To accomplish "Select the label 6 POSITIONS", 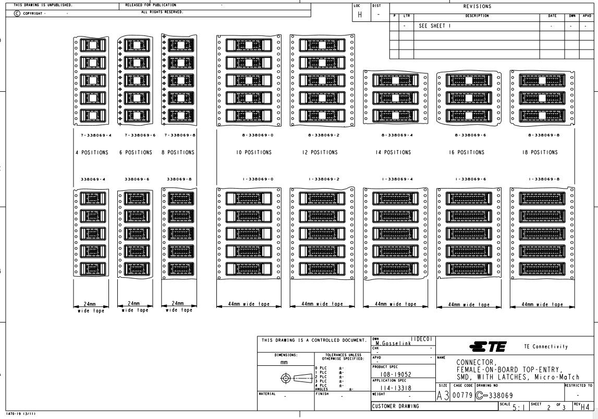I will (135, 153).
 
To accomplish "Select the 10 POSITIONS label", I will (248, 153).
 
